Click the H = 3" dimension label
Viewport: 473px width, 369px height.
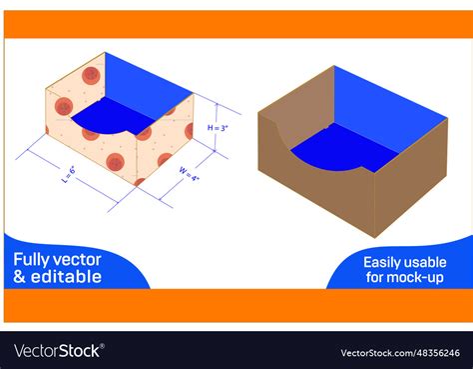[x=218, y=128]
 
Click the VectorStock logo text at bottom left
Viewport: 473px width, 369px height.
[x=57, y=351]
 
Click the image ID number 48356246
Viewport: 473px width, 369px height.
[x=433, y=352]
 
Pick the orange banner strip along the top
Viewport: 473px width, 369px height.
[x=236, y=23]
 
